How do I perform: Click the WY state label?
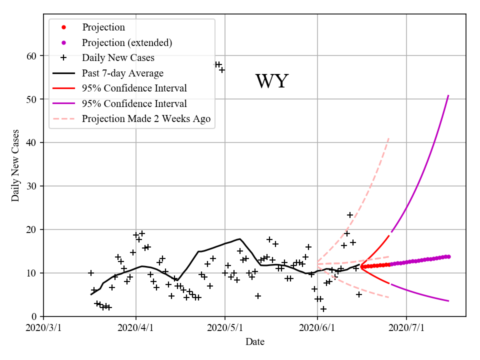click(272, 81)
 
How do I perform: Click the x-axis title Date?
click(255, 342)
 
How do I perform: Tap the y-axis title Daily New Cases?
click(15, 166)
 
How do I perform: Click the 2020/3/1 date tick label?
click(43, 328)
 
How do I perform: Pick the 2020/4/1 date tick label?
click(135, 328)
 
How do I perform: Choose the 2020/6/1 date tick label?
click(317, 328)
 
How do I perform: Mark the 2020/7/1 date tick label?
click(406, 328)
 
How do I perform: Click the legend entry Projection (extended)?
click(127, 42)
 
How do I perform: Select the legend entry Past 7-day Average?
click(122, 73)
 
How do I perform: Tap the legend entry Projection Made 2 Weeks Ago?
click(146, 119)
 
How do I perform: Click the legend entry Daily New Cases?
click(118, 57)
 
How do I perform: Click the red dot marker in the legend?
click(63, 27)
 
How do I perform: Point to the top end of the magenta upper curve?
click(448, 95)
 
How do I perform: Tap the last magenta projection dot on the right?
click(448, 256)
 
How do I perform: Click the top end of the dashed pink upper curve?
click(388, 138)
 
